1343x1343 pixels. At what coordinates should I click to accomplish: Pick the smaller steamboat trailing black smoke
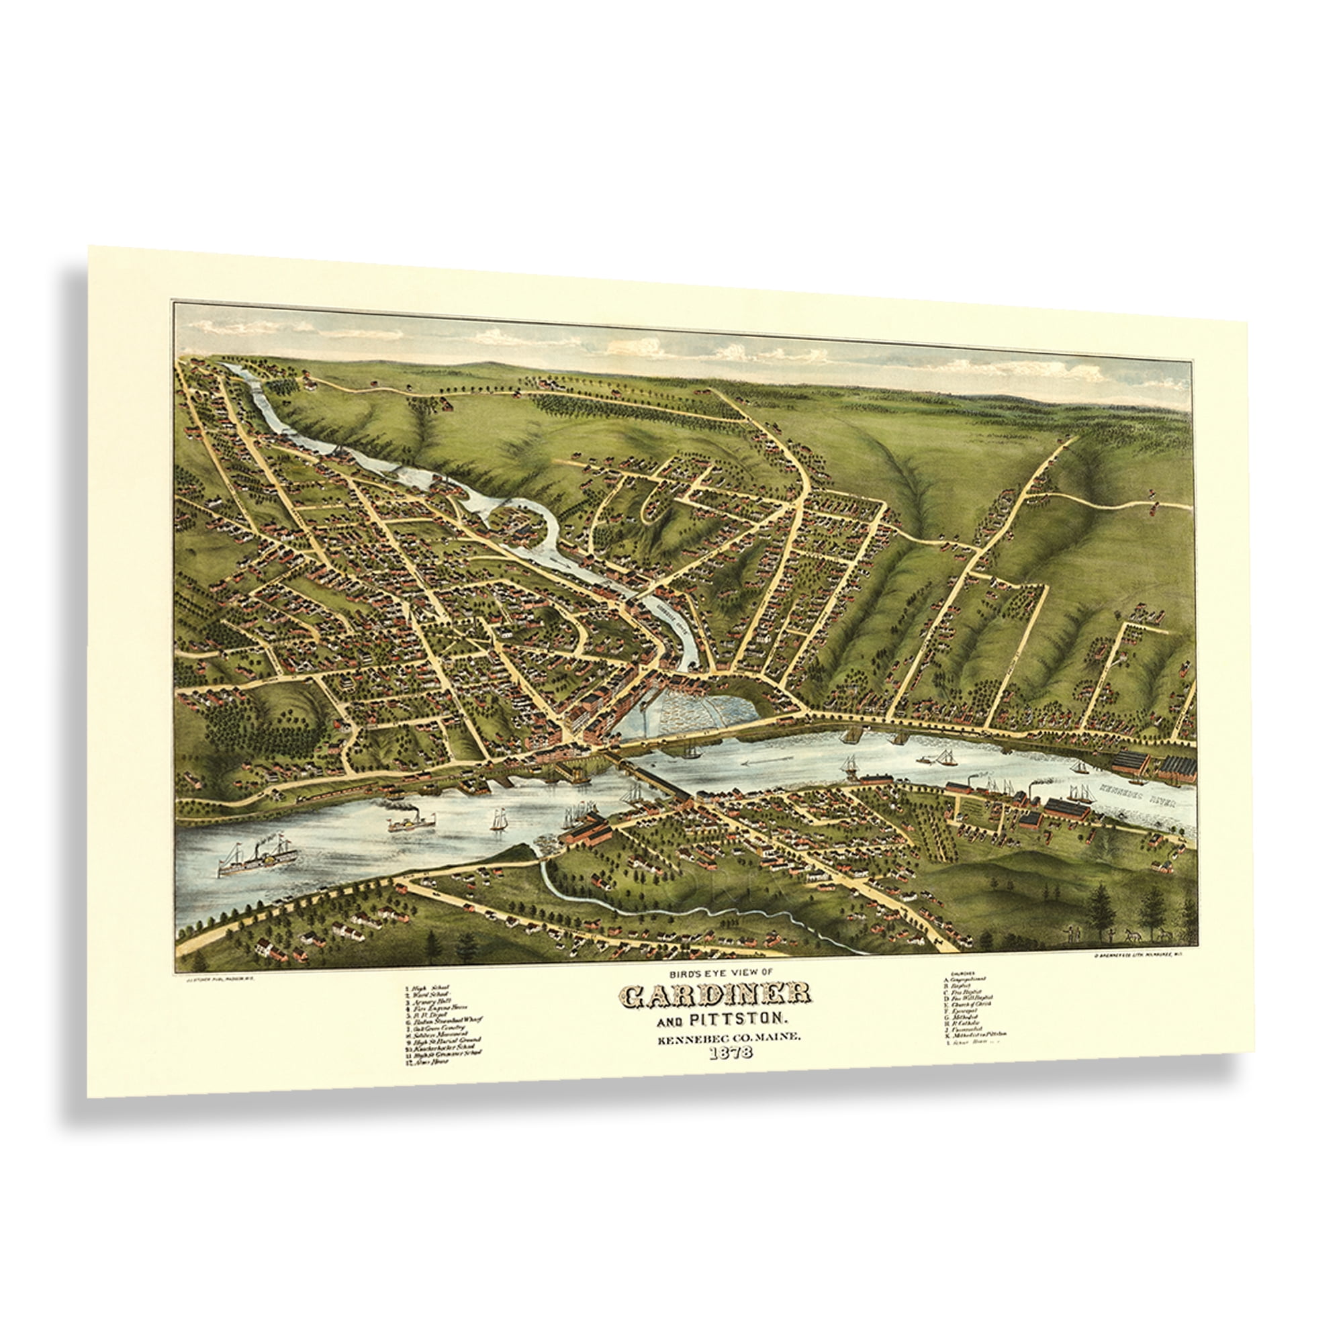[x=409, y=821]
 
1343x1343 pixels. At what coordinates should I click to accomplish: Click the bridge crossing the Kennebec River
[x=653, y=778]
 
